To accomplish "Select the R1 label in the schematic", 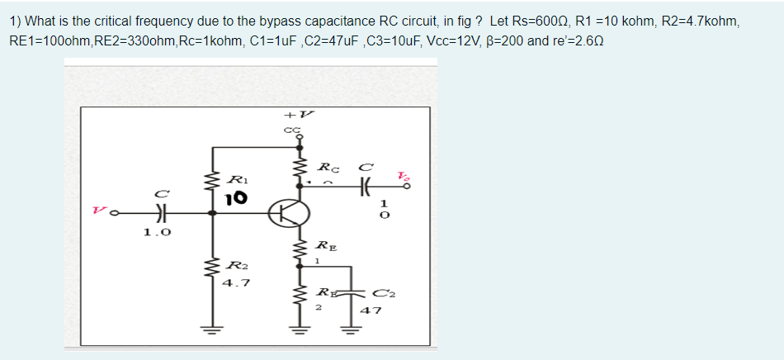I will point(236,179).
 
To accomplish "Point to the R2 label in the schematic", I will point(236,265).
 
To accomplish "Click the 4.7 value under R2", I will point(236,282).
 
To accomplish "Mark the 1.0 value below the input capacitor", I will point(156,233).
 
